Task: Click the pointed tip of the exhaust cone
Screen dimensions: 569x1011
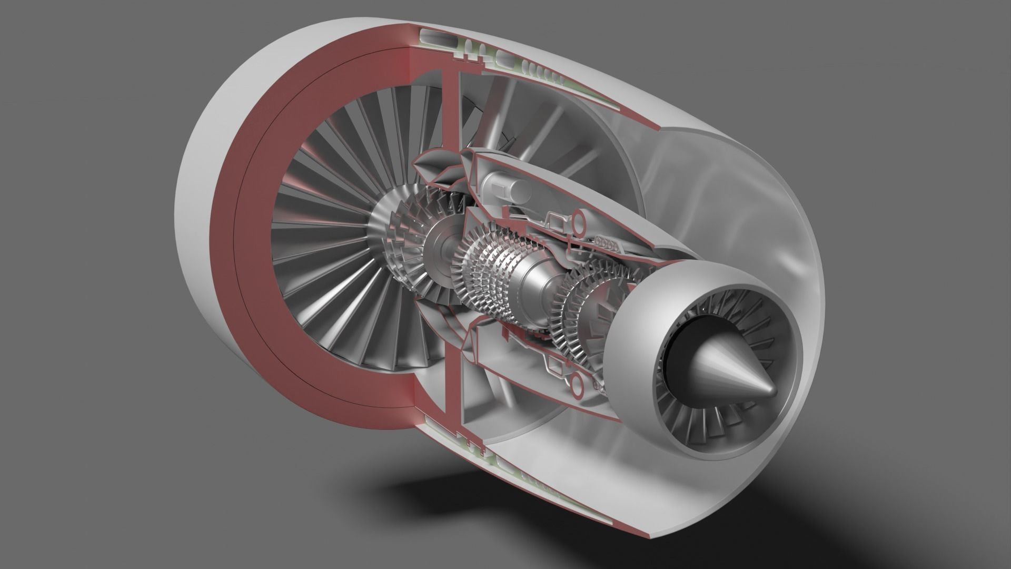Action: click(773, 390)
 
